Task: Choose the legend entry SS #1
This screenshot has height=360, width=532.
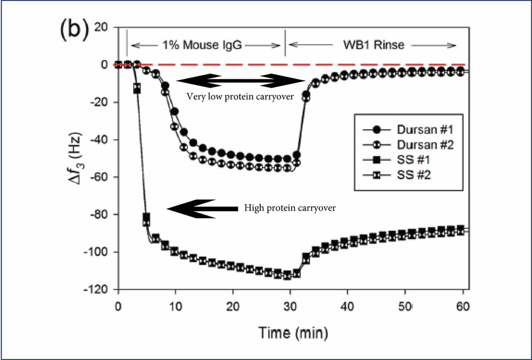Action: pyautogui.click(x=411, y=159)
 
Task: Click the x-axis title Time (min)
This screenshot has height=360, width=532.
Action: pyautogui.click(x=293, y=333)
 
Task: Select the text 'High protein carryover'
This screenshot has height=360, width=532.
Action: pyautogui.click(x=289, y=208)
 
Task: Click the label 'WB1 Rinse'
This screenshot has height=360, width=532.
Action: pyautogui.click(x=372, y=45)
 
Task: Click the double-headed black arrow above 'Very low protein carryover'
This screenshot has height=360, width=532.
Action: pyautogui.click(x=240, y=81)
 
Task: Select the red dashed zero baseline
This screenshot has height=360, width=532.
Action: pyautogui.click(x=319, y=64)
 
